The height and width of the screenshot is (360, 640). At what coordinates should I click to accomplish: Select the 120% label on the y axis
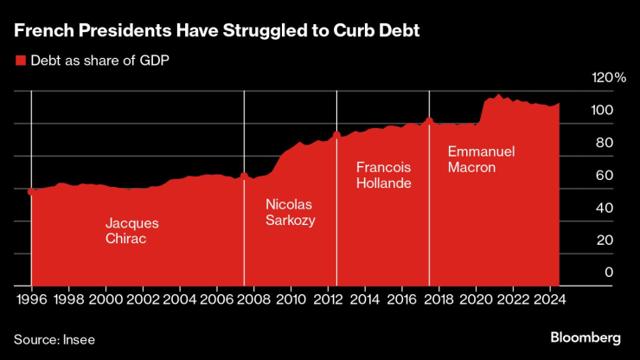point(608,78)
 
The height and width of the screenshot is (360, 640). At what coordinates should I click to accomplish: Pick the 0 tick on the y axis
point(609,272)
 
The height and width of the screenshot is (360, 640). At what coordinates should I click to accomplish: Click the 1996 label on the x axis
point(31,299)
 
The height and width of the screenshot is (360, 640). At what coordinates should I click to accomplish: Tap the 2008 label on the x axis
point(253,299)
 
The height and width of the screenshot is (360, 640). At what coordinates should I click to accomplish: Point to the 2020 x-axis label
point(476,299)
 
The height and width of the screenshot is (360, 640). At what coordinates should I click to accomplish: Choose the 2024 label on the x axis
point(549,299)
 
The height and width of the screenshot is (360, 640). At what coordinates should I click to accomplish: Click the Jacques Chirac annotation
point(131,230)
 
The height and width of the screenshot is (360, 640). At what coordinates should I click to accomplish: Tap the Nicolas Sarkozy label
point(290,212)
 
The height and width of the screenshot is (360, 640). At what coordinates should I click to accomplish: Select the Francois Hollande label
point(383,175)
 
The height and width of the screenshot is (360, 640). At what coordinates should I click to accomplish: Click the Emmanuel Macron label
point(481,159)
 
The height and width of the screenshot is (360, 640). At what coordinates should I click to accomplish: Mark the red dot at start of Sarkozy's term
point(244,176)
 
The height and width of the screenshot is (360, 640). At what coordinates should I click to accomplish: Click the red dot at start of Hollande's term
point(336,134)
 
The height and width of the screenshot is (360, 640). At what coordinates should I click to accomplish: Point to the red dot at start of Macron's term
point(429,121)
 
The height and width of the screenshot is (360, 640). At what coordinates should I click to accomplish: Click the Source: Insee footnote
point(54,339)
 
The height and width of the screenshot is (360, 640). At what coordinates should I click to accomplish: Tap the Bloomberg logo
point(586,337)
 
